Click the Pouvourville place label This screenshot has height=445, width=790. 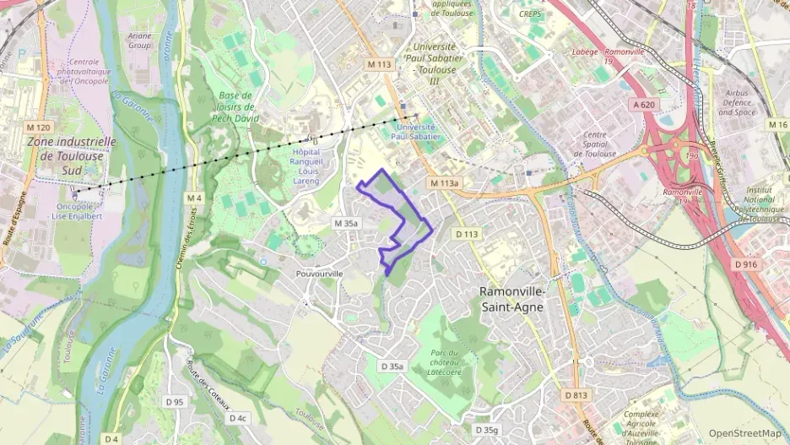point(320,274)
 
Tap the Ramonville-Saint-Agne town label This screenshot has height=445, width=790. point(512,299)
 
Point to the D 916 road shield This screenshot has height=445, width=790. point(745,264)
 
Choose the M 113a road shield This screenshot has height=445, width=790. point(444,183)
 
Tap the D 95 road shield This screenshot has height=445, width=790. point(174,402)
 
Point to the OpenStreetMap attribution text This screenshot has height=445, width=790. point(744,433)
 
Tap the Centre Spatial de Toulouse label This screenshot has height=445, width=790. point(595,144)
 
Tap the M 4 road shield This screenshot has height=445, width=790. point(195,198)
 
